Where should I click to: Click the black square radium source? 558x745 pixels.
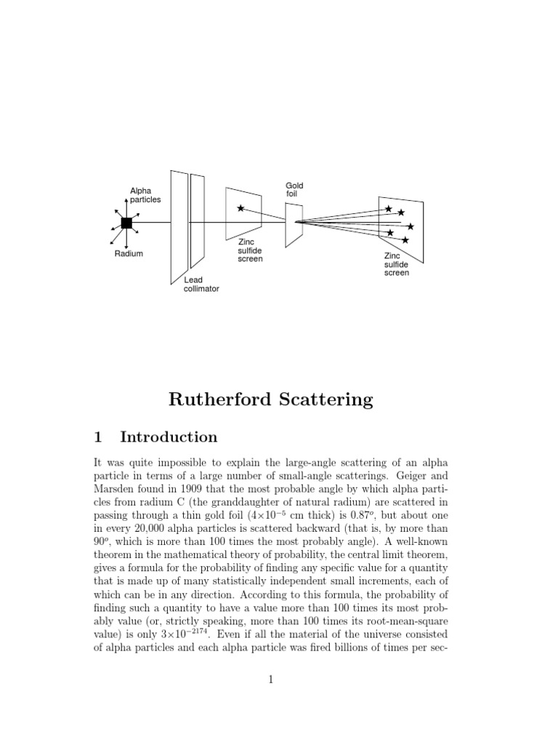tap(126, 223)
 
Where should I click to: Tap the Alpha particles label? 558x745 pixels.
tap(145, 195)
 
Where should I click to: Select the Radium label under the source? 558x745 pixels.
tap(129, 254)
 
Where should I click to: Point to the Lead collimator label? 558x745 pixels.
tap(201, 284)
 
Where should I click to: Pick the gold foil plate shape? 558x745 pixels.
tap(294, 224)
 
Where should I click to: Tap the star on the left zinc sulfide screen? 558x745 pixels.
tap(240, 209)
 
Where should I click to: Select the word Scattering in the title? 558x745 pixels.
tap(327, 399)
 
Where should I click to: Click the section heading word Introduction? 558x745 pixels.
tap(169, 437)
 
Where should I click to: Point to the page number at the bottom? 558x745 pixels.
tap(271, 680)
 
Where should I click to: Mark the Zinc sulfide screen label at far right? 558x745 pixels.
tap(397, 264)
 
